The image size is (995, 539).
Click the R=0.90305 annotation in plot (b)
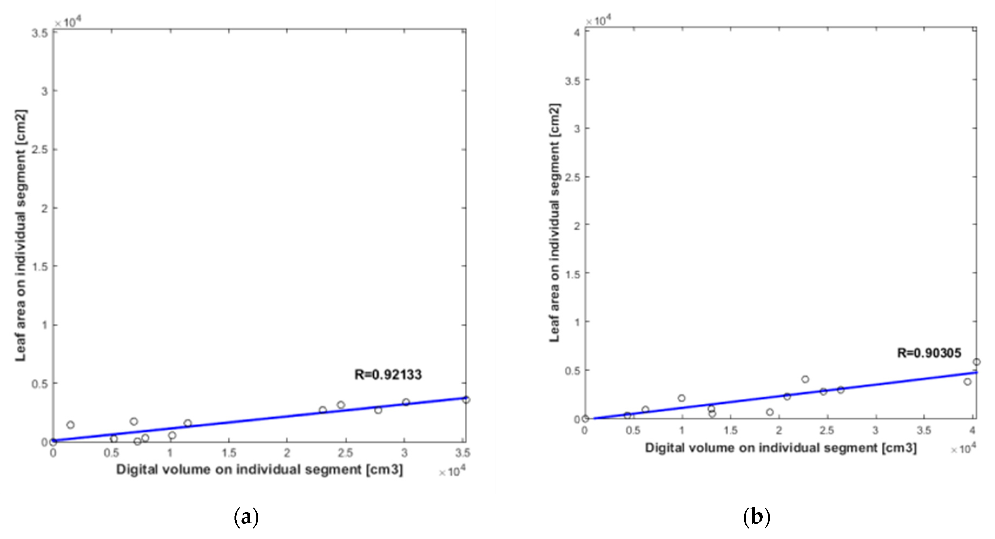[x=929, y=353]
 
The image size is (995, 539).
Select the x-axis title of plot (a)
[x=260, y=470]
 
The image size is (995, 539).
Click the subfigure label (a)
[x=246, y=517]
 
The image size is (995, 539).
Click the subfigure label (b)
[x=757, y=517]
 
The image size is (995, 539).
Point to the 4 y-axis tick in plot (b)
[x=576, y=32]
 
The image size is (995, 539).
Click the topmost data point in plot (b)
[x=976, y=362]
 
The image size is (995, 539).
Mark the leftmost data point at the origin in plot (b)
[x=585, y=419]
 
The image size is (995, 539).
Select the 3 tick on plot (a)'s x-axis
[x=404, y=453]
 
